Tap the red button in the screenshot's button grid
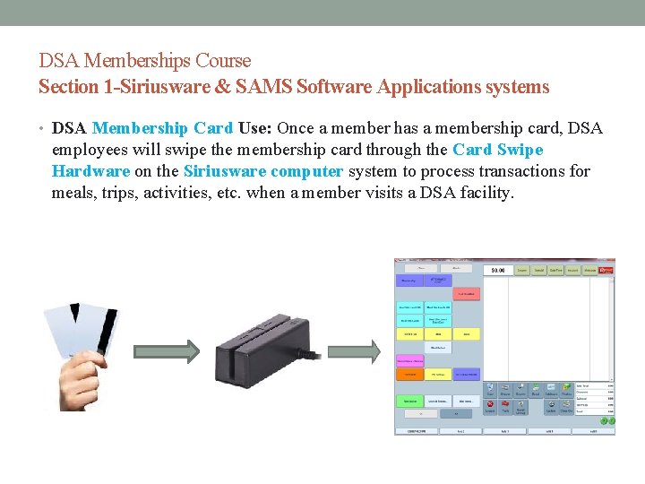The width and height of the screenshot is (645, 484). pos(466,293)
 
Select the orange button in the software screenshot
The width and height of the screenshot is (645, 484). pos(410,374)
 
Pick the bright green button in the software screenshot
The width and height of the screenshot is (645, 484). pos(410,401)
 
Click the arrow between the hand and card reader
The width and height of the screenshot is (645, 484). pos(166,350)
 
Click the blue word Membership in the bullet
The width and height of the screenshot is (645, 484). pos(133,129)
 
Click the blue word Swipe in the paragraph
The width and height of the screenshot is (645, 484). pos(520,150)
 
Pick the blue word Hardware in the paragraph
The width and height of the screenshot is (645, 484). pos(90,170)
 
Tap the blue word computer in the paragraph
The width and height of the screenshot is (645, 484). pos(307,170)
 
